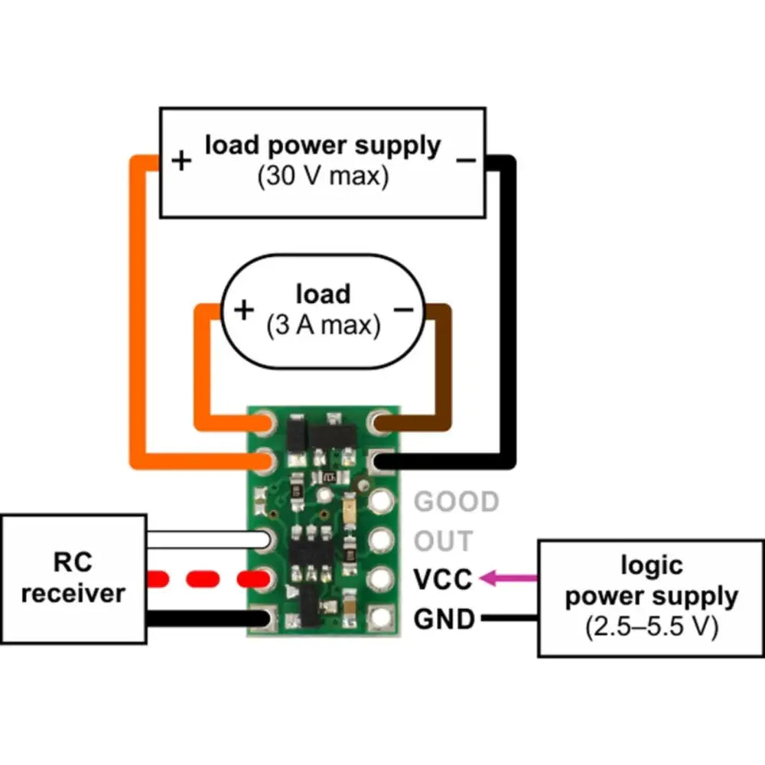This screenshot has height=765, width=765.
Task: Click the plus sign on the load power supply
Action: coord(181,161)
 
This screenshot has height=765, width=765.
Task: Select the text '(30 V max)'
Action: coord(323,177)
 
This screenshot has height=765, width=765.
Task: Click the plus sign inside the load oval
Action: coord(243,310)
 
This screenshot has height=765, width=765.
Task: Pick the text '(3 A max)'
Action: coord(323,326)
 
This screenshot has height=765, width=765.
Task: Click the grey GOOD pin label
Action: coord(457,502)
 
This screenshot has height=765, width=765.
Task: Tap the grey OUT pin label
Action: coord(443,541)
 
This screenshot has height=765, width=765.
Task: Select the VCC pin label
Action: coord(442,579)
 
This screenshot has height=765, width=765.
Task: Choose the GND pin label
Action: coord(443,618)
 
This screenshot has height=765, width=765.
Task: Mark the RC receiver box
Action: coord(73,578)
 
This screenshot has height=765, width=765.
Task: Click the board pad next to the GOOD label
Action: coord(381,502)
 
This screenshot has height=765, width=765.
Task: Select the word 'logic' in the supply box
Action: coord(651,566)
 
